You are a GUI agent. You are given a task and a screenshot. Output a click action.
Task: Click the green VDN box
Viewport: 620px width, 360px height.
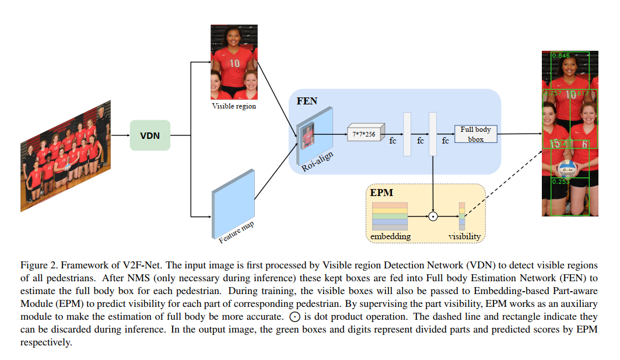point(150,135)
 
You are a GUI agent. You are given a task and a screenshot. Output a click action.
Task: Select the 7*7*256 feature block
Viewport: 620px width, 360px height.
point(365,134)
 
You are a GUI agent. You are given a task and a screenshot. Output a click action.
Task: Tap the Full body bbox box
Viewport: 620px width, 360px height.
point(475,134)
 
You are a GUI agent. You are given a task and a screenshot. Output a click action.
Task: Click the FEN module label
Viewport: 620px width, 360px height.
point(307,101)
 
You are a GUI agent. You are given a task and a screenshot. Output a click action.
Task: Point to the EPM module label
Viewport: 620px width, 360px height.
point(381,192)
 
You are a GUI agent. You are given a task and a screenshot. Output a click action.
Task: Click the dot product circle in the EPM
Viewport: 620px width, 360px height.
point(433,216)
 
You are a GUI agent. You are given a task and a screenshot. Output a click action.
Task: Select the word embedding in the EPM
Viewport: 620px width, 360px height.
point(390,236)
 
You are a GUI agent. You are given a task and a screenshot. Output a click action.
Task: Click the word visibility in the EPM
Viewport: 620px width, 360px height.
point(464,236)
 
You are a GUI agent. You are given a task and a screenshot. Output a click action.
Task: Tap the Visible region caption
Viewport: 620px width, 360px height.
point(233,106)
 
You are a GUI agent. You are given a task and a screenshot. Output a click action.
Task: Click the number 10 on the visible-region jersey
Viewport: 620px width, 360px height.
point(234,63)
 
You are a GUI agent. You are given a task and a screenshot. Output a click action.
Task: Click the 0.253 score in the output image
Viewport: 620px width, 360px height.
point(560,181)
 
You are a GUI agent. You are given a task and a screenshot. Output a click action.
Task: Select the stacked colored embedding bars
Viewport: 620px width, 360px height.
point(390,216)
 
